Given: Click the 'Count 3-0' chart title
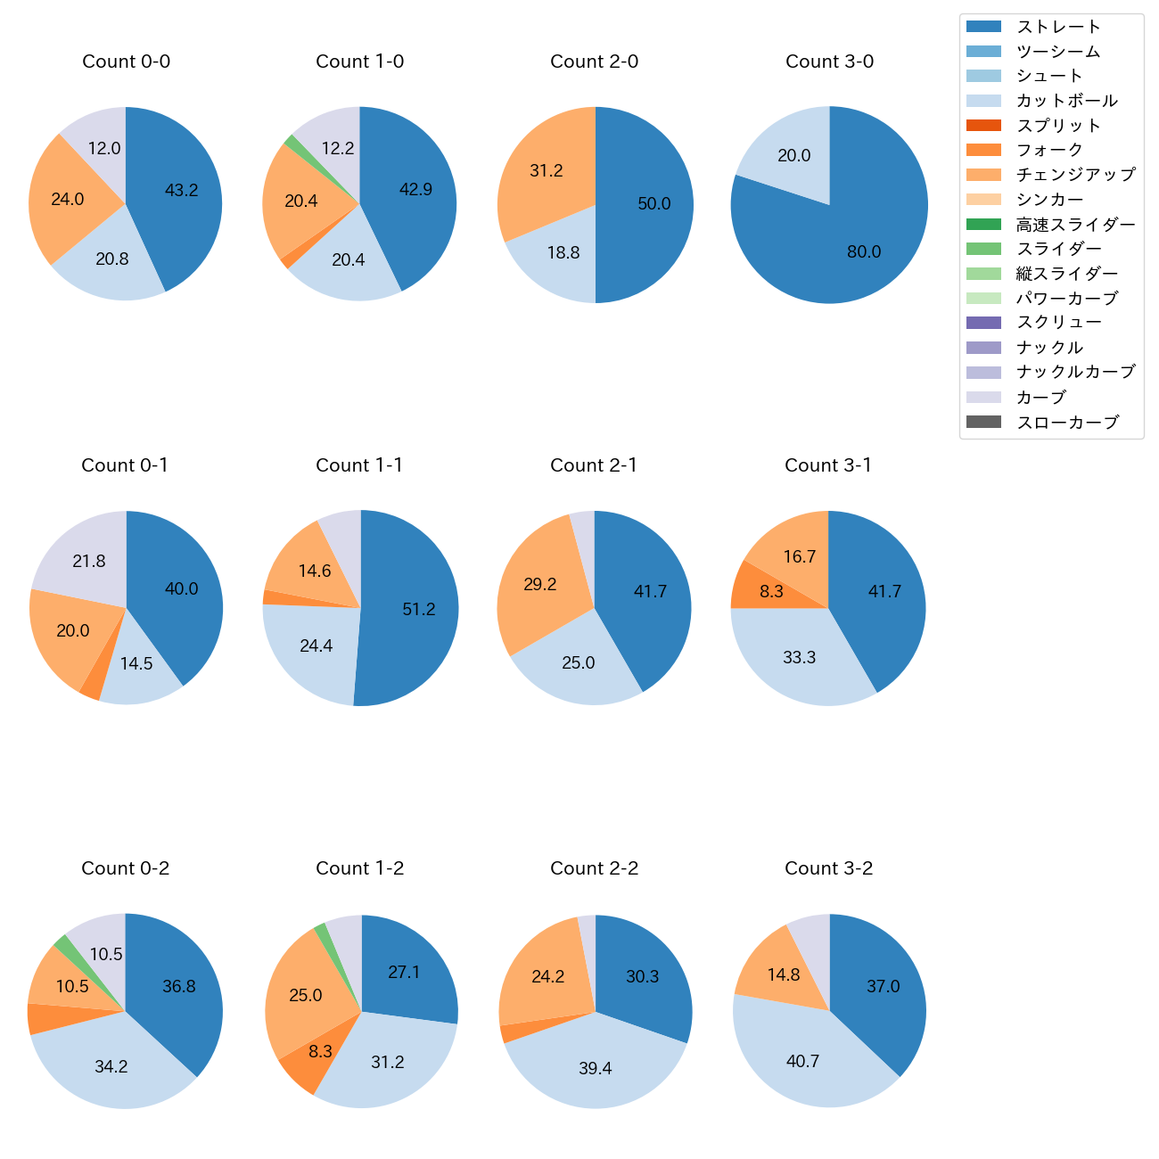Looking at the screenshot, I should [x=829, y=62].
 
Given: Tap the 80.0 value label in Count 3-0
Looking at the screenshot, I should [x=864, y=252].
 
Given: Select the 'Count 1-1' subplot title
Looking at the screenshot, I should [x=359, y=465].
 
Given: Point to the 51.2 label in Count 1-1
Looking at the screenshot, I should [x=419, y=609].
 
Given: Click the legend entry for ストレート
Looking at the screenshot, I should [x=1058, y=27].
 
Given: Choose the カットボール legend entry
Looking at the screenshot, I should [x=1066, y=101].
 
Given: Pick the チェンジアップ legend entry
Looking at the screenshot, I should [x=1075, y=175].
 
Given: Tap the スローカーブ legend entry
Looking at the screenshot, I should [x=1067, y=423].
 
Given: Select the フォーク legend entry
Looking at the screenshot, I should [x=1049, y=150].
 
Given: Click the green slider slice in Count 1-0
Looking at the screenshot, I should [x=290, y=141].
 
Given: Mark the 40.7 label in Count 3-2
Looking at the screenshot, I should [x=802, y=1061].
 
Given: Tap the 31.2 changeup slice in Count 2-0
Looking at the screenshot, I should [x=546, y=171].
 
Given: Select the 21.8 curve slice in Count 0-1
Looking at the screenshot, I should [x=89, y=561].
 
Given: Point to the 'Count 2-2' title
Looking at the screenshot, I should [x=595, y=868].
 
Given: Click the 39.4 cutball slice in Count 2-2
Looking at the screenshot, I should [x=595, y=1068].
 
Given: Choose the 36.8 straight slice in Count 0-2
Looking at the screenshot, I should [x=179, y=986].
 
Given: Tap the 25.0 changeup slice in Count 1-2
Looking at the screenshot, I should [x=306, y=995].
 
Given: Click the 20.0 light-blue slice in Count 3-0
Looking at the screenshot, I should [x=793, y=156].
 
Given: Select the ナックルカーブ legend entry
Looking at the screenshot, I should [x=1075, y=372].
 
